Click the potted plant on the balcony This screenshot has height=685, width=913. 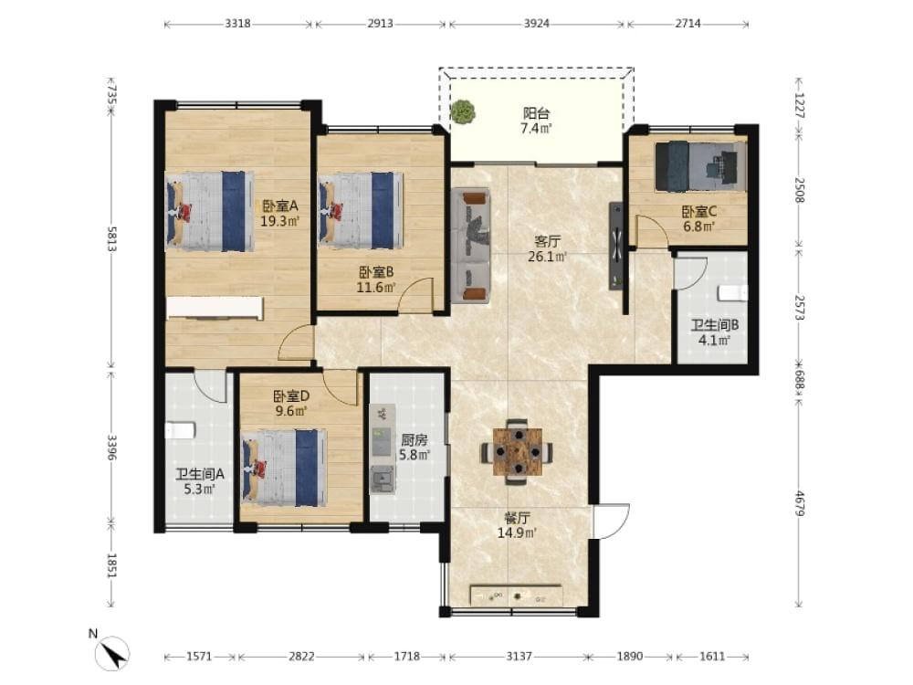pos(462,111)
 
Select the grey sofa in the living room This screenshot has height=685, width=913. pos(470,245)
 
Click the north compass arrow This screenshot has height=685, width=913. pos(114,653)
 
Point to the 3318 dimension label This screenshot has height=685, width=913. pos(237,24)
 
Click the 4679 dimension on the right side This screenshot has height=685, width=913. pos(800,504)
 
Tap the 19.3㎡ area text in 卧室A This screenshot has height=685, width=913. pos(280,221)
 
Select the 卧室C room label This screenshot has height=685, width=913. pos(698,212)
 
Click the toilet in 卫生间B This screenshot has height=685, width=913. pos(732,293)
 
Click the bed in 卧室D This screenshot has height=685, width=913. pos(284,468)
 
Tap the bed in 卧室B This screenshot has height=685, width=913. pos(361,211)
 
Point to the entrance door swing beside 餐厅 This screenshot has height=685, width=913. pos(612,522)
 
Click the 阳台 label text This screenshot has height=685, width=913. pos(536,113)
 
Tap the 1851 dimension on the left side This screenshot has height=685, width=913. pos(111,565)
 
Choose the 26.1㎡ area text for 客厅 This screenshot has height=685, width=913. pos(547,257)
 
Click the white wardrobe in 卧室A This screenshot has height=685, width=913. pos(215,308)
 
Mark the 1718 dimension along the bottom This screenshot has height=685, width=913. pos(407,657)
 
